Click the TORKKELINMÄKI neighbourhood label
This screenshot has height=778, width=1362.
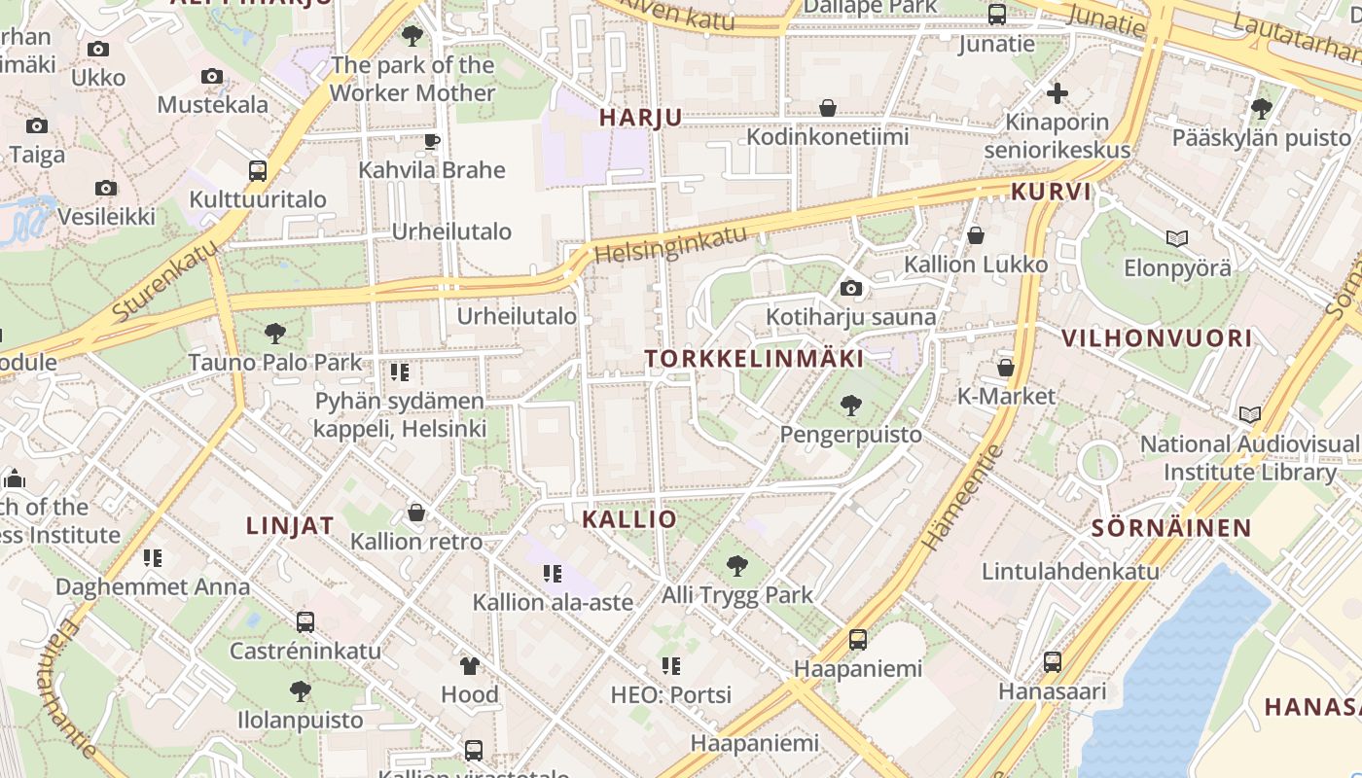pos(754,359)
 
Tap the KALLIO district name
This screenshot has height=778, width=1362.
pos(628,519)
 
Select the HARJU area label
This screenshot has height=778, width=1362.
pos(640,118)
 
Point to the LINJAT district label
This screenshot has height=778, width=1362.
pos(290,526)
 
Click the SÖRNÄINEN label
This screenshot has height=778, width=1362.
pos(1171,528)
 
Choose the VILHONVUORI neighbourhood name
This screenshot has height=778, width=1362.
pos(1157,339)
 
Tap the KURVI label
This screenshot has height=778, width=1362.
pos(1052,192)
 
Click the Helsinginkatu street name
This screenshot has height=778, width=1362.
pos(671,244)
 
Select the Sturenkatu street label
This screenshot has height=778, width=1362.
pos(166,281)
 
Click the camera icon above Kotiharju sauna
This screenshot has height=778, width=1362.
pos(850,288)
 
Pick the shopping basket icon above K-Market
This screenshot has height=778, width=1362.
pos(1006,368)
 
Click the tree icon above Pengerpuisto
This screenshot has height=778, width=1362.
pos(850,405)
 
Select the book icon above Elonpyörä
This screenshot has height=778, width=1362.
pos(1176,238)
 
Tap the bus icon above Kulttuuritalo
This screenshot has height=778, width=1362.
pos(258,171)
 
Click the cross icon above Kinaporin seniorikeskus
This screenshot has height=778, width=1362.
pos(1057,93)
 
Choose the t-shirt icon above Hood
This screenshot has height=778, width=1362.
pos(470,666)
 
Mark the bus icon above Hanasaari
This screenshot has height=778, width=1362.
pos(1052,662)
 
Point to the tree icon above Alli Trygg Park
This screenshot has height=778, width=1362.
pos(737,565)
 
